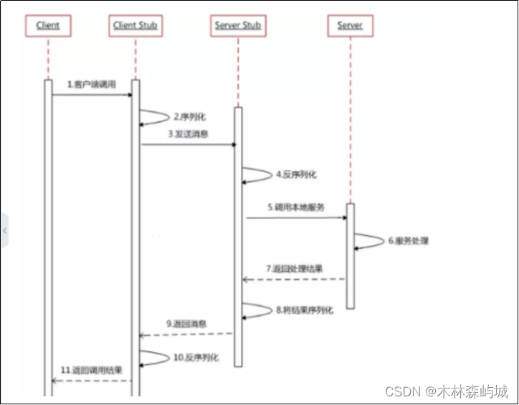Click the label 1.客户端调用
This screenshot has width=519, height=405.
click(x=91, y=85)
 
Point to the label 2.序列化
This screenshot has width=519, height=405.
click(x=189, y=116)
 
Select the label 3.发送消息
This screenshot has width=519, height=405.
click(x=188, y=134)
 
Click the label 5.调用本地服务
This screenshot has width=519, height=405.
click(x=296, y=207)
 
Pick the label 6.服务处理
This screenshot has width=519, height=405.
click(x=408, y=241)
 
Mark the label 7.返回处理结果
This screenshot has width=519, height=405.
click(x=294, y=269)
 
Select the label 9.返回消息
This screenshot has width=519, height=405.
click(x=188, y=325)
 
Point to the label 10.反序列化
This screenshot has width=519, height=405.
click(x=195, y=358)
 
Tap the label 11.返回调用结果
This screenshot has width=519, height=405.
click(x=91, y=370)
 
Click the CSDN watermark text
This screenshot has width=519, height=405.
click(x=445, y=391)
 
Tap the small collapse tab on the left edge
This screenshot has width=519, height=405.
click(x=4, y=231)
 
